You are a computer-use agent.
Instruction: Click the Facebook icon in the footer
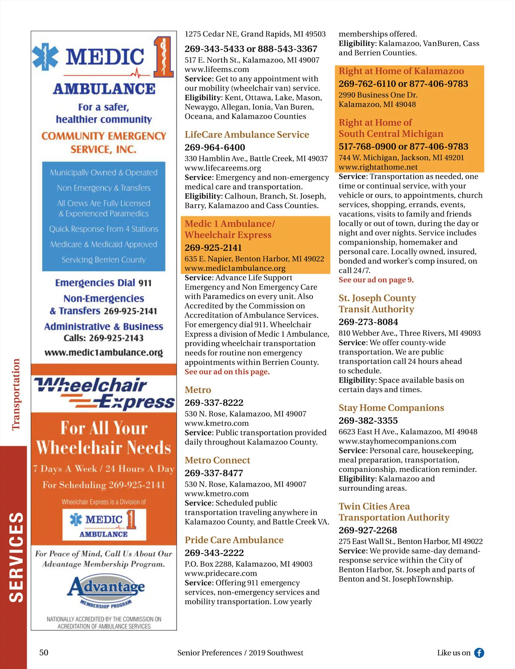[x=479, y=653]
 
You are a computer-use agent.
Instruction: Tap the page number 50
[x=44, y=653]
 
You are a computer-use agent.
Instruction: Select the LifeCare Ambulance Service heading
[x=247, y=134]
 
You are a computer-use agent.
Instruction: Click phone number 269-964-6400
[x=215, y=147]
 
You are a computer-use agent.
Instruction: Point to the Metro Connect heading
[x=217, y=460]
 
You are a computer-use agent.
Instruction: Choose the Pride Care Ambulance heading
[x=234, y=540]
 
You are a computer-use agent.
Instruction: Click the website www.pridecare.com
[x=221, y=573]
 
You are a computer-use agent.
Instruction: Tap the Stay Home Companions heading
[x=391, y=408]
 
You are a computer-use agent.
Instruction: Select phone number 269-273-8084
[x=368, y=322]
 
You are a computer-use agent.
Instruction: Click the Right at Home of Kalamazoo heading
[x=401, y=71]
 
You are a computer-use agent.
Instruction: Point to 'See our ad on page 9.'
[x=376, y=280]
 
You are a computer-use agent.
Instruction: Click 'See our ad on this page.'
[x=227, y=372]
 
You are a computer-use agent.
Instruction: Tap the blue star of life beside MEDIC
[x=45, y=57]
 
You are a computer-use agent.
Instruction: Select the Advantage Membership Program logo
[x=106, y=591]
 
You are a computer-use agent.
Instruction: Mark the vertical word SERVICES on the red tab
[x=16, y=557]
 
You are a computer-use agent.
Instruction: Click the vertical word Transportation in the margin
[x=16, y=394]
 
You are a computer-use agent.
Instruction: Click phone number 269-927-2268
[x=368, y=530]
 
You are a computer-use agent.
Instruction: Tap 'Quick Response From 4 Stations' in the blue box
[x=103, y=229]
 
